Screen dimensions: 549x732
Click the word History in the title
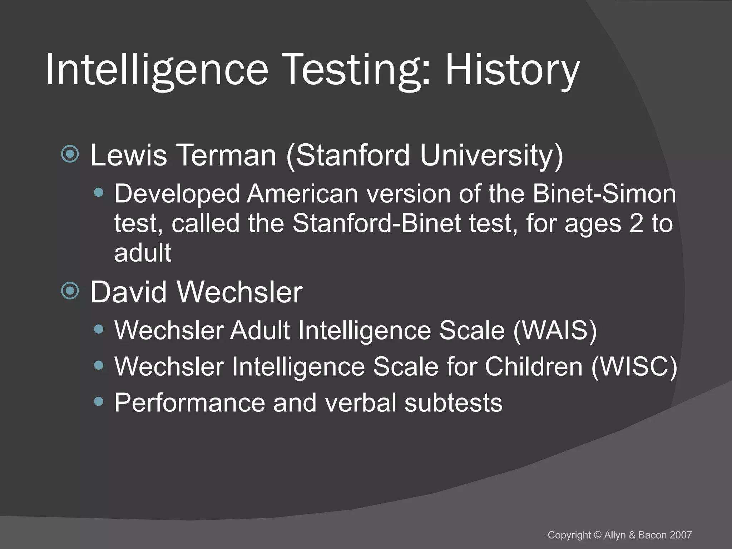coord(512,70)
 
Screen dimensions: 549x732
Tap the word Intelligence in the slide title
coord(157,70)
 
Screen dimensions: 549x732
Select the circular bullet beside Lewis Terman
coord(70,154)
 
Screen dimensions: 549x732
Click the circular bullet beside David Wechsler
coord(70,291)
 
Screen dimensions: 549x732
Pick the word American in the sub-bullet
coord(302,194)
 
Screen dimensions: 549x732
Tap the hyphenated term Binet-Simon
coord(604,194)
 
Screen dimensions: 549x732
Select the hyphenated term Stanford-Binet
coord(377,223)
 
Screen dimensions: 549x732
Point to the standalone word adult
coord(143,253)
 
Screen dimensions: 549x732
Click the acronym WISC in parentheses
coord(634,366)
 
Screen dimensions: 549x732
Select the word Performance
coord(189,403)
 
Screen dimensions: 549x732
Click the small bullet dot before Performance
coord(99,402)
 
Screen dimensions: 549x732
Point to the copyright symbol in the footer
coord(598,535)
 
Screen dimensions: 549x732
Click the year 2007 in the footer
coord(681,535)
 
